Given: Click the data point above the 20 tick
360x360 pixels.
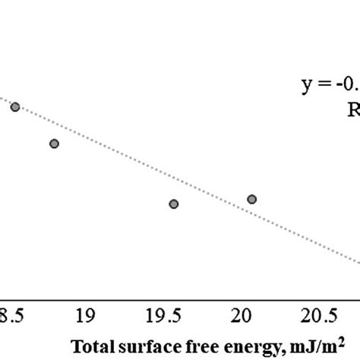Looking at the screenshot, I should tap(251, 199).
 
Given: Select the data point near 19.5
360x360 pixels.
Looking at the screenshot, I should tap(173, 204).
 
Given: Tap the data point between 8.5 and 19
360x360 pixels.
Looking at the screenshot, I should tap(54, 144).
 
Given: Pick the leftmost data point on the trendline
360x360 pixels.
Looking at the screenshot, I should tap(14, 107).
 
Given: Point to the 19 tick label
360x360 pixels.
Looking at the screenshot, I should tap(86, 314).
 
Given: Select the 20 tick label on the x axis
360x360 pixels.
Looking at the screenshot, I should tap(242, 314).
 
